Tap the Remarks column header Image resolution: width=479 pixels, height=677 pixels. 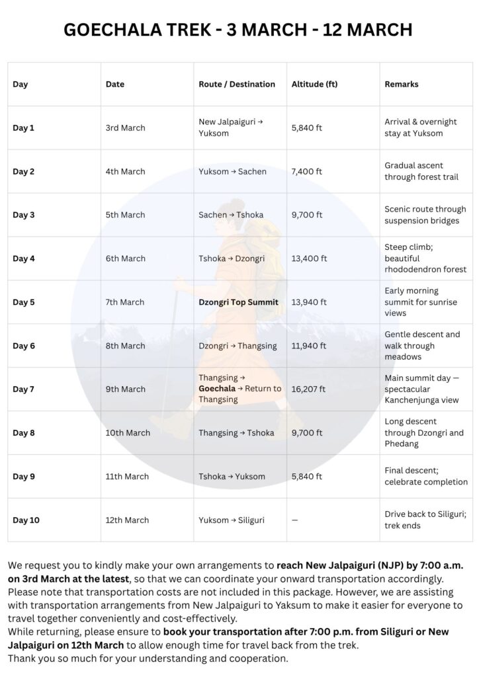coord(402,85)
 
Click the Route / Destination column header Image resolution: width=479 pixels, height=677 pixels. coord(237,85)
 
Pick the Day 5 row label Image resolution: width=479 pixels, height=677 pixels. coord(24,302)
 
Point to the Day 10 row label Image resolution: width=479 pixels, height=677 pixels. coord(26,520)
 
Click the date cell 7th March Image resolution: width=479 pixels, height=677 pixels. coord(125,302)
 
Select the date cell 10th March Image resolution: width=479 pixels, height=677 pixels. coord(128,433)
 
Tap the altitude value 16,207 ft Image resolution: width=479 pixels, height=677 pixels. coord(308,389)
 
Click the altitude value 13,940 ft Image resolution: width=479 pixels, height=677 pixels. coord(309,302)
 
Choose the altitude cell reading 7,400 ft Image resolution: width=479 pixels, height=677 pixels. coord(306,172)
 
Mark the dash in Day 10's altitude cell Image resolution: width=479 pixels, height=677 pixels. coord(295,520)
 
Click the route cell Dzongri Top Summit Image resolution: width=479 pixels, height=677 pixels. coord(238,302)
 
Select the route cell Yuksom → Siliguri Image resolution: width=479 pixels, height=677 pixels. coord(232,520)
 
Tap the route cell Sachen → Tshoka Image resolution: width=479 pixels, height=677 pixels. coord(232,215)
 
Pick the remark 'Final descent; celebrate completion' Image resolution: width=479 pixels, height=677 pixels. coord(426,477)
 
